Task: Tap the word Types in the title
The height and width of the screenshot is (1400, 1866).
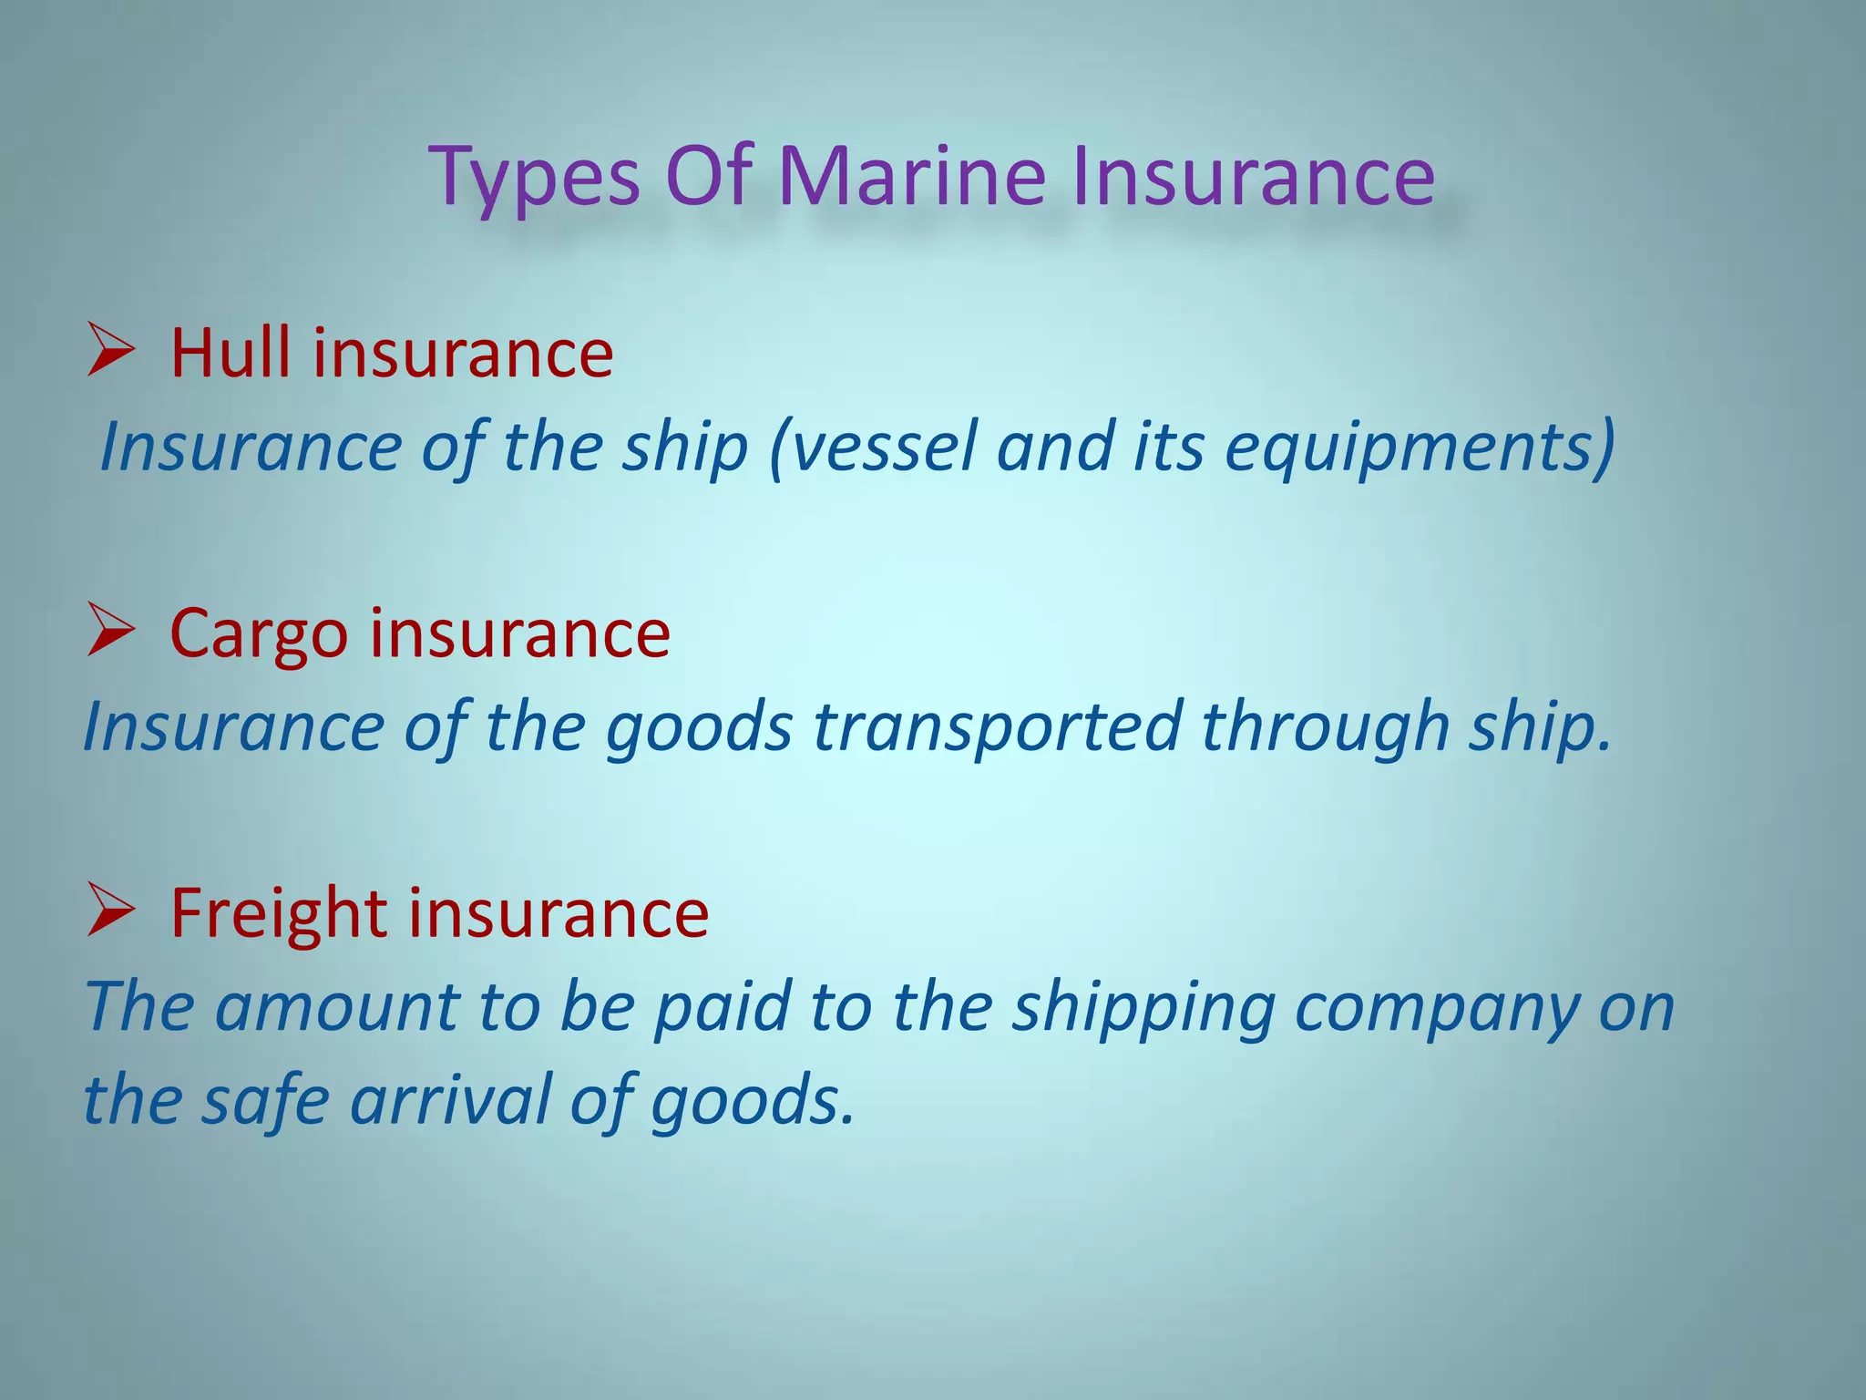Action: (x=535, y=180)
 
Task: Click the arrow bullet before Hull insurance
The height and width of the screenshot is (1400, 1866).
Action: (x=111, y=350)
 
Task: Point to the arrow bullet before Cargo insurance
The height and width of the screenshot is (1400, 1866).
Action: (x=111, y=631)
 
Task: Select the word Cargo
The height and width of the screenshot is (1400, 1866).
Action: (x=259, y=635)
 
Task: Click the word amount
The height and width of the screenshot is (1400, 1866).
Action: (x=336, y=1007)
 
